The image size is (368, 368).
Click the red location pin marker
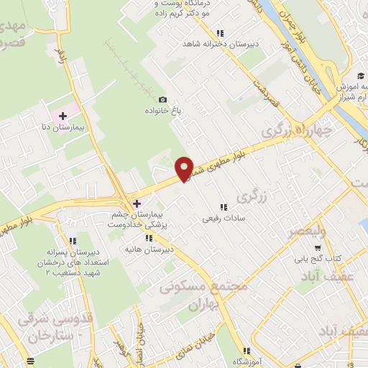[184, 168]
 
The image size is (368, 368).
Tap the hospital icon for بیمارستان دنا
[63, 115]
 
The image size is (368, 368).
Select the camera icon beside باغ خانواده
[162, 99]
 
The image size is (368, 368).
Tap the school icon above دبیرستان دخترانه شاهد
[220, 32]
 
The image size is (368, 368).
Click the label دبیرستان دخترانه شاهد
[220, 44]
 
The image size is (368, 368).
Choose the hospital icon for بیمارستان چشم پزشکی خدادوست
[137, 203]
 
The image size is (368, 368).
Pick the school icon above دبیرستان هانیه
[149, 237]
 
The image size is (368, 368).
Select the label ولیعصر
[307, 231]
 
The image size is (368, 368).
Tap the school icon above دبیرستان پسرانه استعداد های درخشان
[72, 241]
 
